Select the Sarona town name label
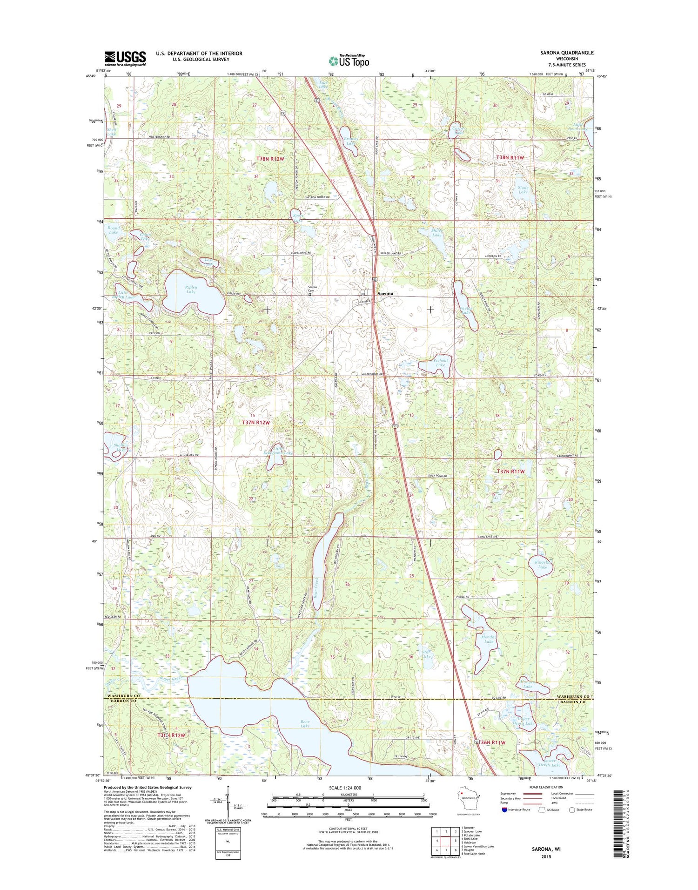[x=385, y=294]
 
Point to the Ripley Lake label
[x=191, y=290]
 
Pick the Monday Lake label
[x=488, y=639]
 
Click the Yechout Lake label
[x=440, y=363]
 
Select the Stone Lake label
[x=523, y=189]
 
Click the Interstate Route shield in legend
[x=505, y=809]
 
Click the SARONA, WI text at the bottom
[x=546, y=849]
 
